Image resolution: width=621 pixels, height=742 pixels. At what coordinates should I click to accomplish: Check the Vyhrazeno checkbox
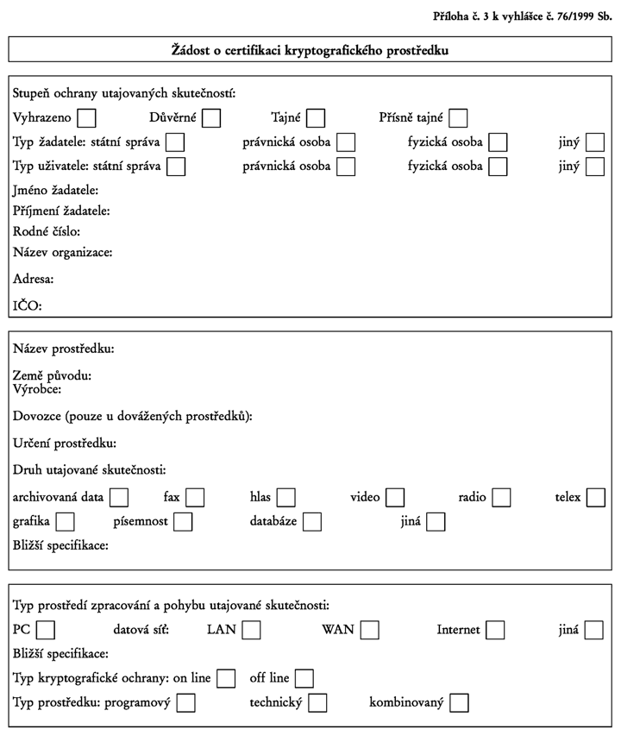(x=86, y=118)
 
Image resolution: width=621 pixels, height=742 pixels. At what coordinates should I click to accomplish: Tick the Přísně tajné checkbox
(x=458, y=118)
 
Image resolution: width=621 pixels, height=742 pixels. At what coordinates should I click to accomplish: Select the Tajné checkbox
(x=316, y=118)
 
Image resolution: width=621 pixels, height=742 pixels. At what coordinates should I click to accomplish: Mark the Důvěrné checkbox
(x=211, y=118)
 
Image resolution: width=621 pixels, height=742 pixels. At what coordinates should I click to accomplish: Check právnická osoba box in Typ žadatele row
(x=346, y=142)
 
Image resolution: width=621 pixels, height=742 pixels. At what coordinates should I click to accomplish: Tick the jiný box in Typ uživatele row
(x=595, y=167)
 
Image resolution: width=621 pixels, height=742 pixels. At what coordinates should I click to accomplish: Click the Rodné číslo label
(x=47, y=231)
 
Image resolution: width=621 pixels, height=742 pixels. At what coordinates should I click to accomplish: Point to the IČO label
(x=27, y=305)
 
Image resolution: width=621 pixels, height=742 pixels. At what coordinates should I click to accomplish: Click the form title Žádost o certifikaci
(x=310, y=50)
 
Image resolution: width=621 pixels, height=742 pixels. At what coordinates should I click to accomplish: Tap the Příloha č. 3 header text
(x=522, y=16)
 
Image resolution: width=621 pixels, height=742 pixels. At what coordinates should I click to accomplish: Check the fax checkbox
(x=195, y=498)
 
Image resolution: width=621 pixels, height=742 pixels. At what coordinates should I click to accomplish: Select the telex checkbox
(x=595, y=498)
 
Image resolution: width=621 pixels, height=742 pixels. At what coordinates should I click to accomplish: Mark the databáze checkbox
(x=312, y=522)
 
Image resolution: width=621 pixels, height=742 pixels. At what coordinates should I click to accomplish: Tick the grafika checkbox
(x=65, y=522)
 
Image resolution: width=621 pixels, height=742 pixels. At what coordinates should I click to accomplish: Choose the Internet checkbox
(x=495, y=631)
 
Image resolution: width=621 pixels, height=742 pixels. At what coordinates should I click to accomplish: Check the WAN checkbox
(x=369, y=631)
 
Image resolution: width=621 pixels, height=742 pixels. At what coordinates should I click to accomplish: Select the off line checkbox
(x=304, y=679)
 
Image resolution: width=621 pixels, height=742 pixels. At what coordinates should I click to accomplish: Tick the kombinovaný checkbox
(x=459, y=702)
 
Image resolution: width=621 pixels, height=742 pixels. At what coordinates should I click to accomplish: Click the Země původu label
(x=52, y=375)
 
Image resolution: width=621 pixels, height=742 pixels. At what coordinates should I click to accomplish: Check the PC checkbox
(x=46, y=631)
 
